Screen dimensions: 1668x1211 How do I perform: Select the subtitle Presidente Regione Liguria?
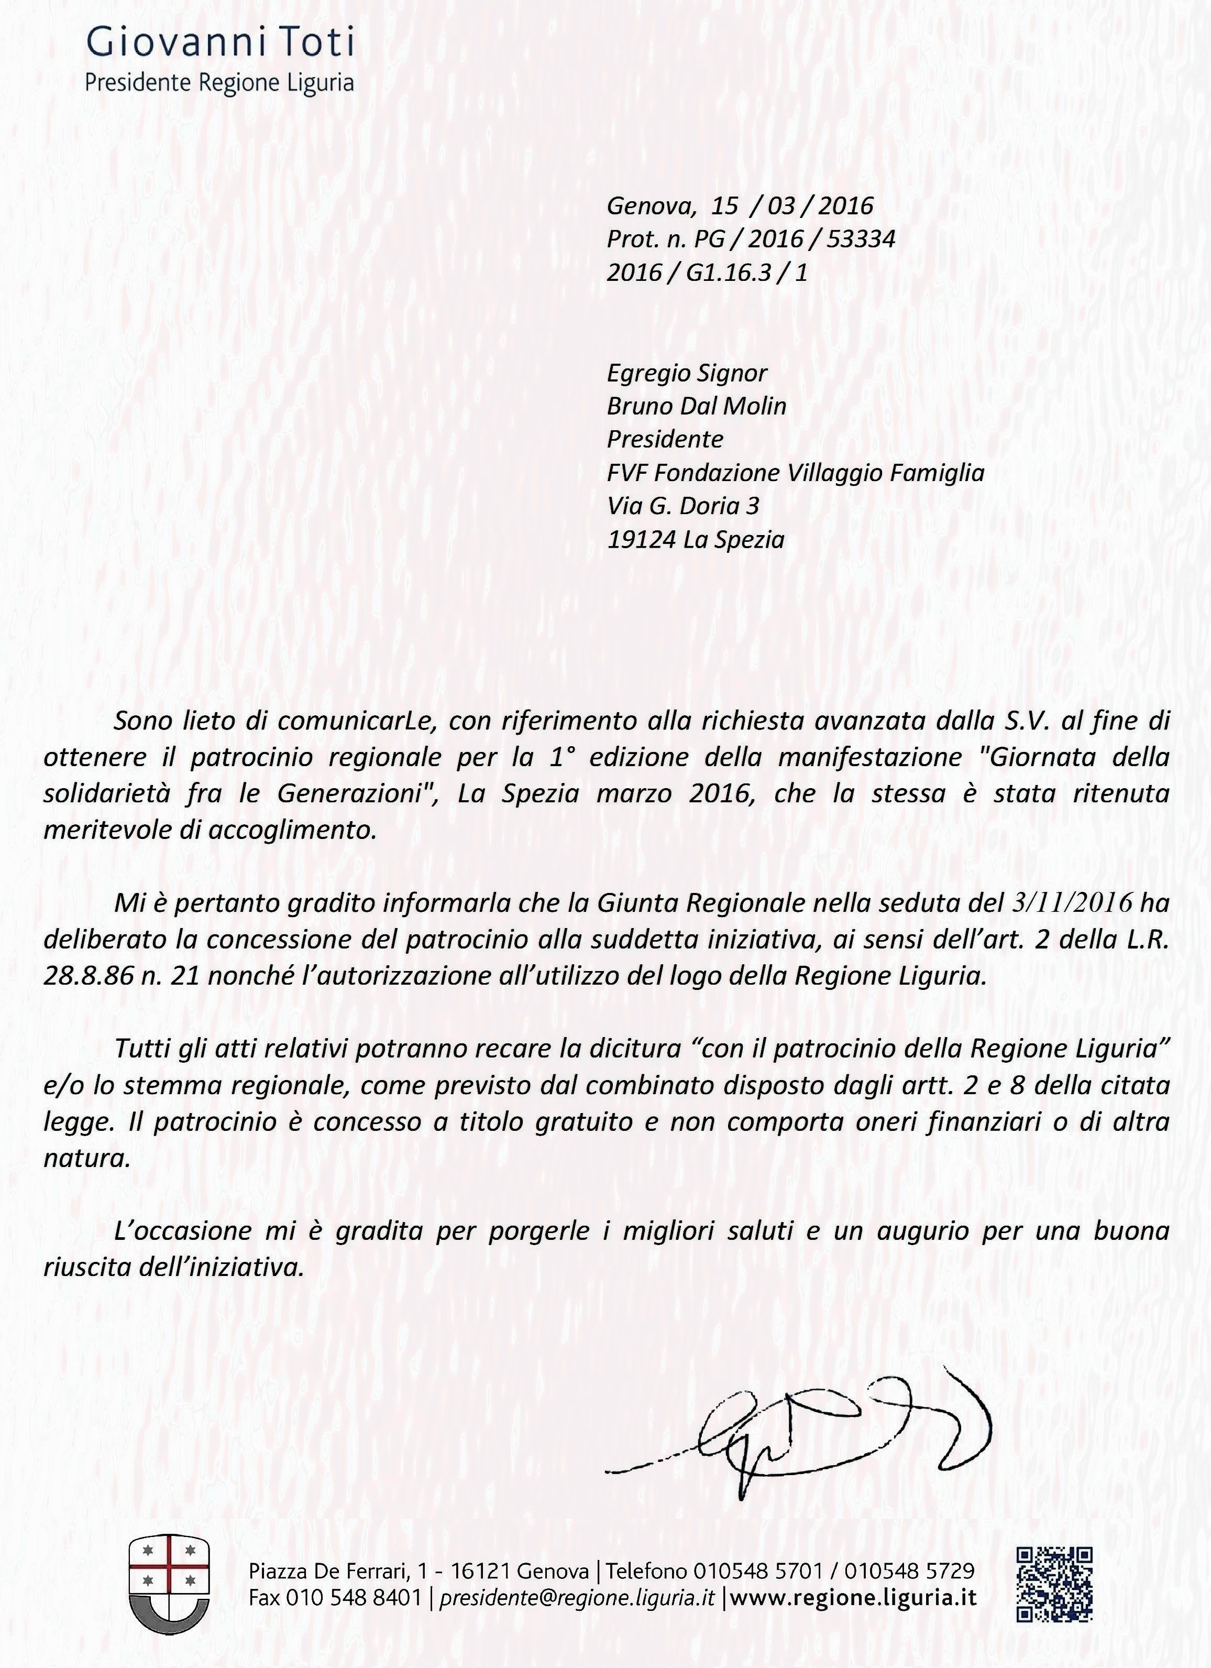tap(219, 82)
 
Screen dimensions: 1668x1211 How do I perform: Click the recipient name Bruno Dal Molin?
tap(696, 406)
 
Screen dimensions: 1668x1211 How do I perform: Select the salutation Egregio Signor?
tap(686, 373)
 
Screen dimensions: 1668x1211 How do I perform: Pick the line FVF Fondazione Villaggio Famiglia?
tap(795, 472)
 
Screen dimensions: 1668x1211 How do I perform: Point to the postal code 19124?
tap(641, 540)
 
